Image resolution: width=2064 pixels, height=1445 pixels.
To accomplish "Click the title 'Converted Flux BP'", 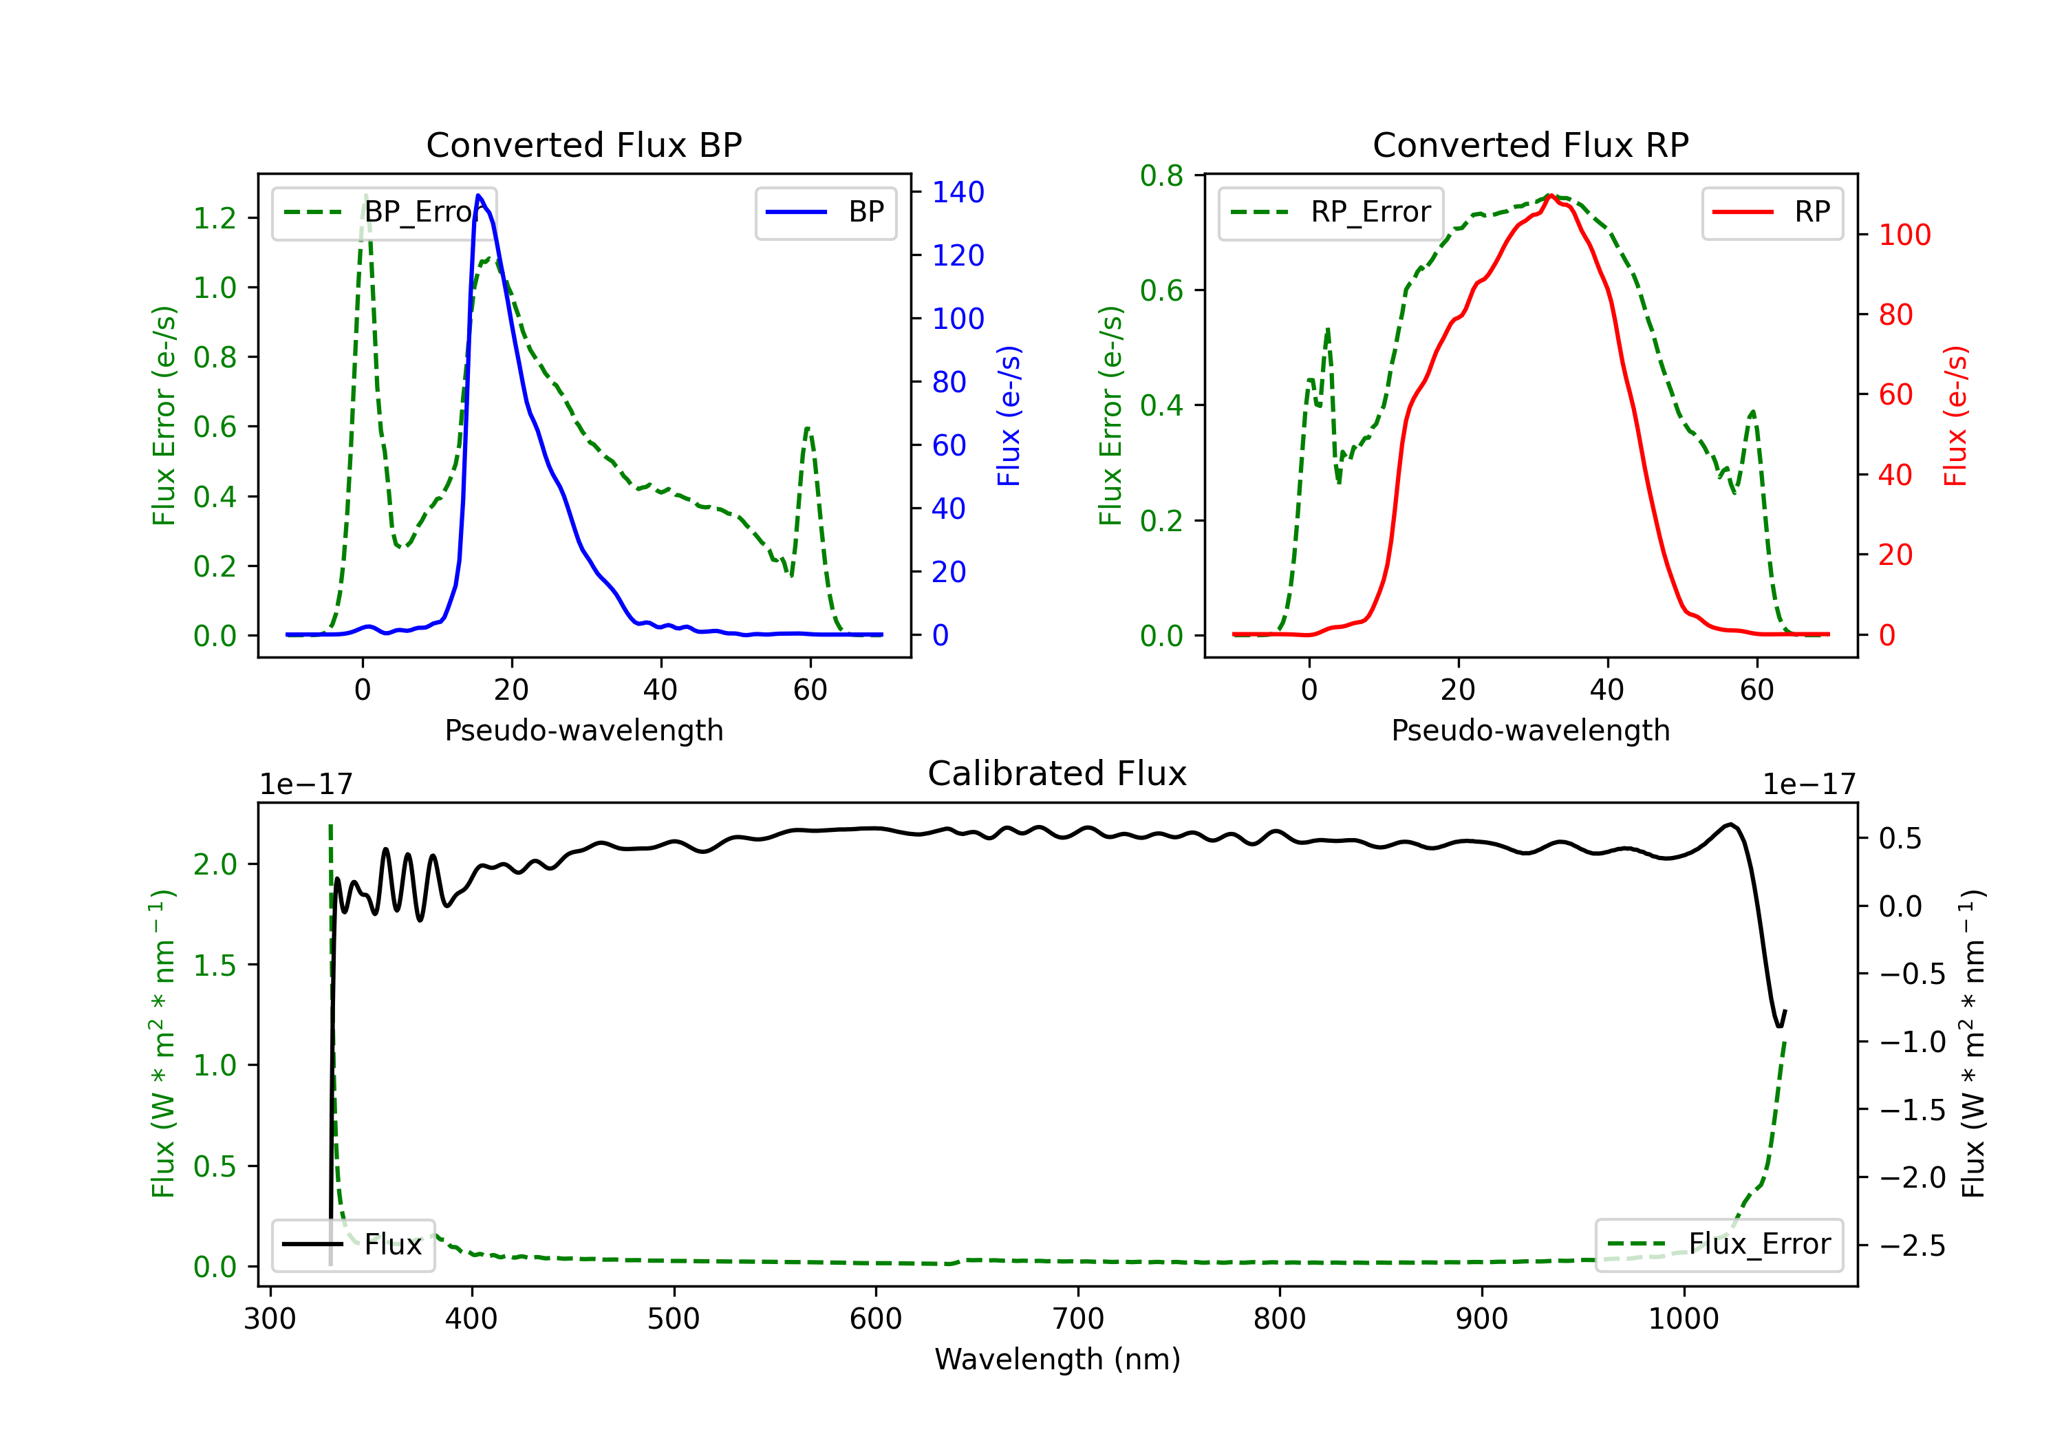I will click(583, 144).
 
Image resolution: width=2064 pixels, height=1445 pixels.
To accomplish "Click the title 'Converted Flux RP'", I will click(1530, 144).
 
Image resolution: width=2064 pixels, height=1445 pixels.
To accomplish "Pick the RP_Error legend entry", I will click(1331, 212).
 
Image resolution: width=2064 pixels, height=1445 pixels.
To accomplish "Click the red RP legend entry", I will click(1772, 212).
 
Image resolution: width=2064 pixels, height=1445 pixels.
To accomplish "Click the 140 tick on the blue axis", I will click(958, 191).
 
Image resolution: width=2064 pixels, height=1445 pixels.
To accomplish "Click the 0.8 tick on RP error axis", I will click(1161, 175).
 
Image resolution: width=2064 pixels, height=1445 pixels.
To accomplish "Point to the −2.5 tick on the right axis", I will click(1911, 1245).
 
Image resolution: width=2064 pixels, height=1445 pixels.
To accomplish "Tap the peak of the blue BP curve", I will click(478, 195).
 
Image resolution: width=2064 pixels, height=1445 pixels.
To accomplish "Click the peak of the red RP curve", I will click(1551, 195).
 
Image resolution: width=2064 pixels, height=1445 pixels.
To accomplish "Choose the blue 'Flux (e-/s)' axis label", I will click(1009, 416).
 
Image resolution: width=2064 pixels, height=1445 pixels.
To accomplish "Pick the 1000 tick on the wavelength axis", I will click(1683, 1318).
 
